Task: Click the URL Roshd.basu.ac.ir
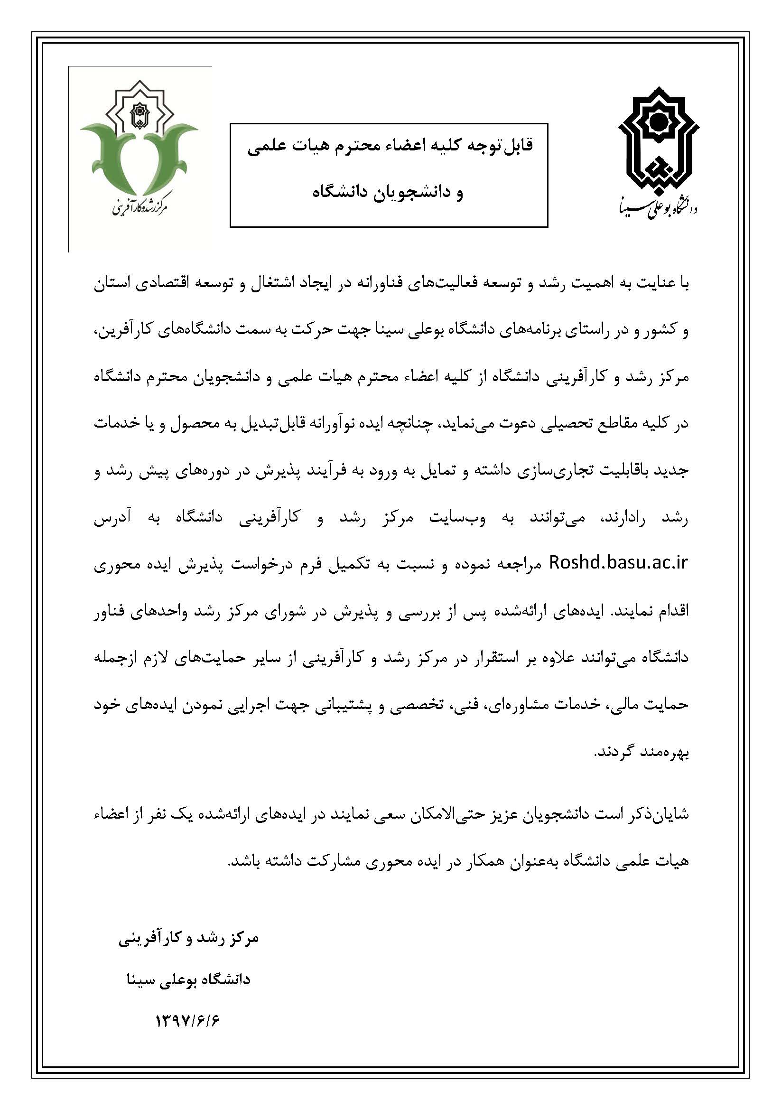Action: (x=619, y=563)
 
